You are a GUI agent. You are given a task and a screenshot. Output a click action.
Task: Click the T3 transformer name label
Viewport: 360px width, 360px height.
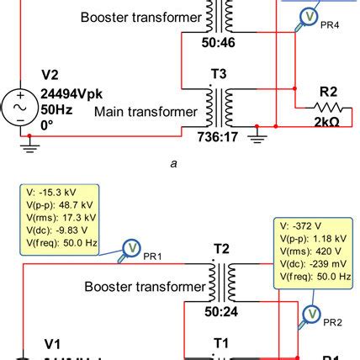click(219, 73)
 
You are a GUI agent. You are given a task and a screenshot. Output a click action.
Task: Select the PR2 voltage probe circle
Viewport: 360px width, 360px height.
click(311, 313)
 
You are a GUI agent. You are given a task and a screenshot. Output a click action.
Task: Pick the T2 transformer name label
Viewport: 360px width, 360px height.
click(220, 250)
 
